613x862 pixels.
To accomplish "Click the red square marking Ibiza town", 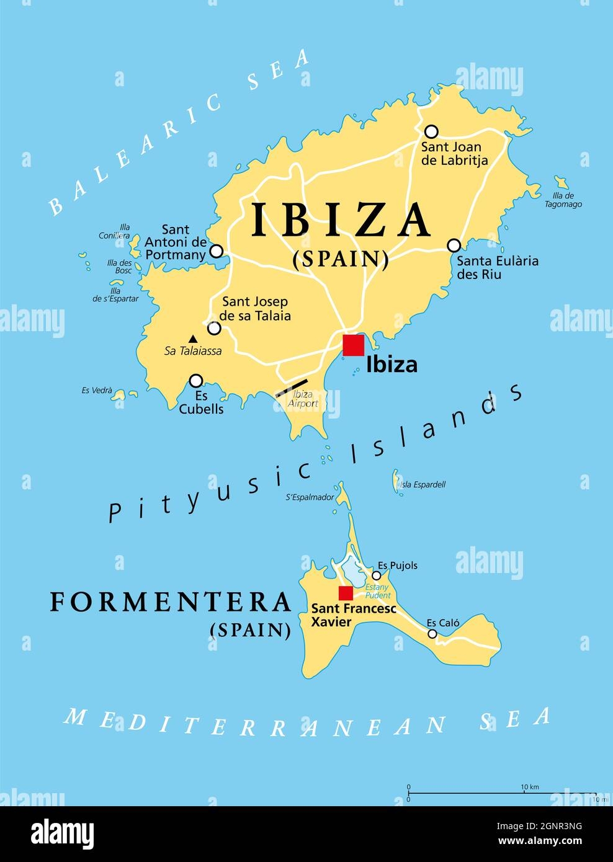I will coord(354,345).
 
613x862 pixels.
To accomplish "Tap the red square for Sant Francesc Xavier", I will coord(346,593).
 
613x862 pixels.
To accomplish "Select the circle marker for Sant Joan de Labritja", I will coord(431,131).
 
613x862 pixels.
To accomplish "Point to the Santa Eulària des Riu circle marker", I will coord(454,245).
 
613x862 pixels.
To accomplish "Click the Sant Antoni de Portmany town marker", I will coord(216,251).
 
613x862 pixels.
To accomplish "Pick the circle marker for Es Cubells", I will coord(196,380).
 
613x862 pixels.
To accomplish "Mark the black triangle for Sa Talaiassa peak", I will coord(193,339).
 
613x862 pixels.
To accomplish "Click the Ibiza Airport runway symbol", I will coord(291,388).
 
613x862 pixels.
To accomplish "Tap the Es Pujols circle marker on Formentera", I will coord(376,575).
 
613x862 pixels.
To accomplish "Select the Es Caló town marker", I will coord(432,634).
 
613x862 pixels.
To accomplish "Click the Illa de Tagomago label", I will coord(563,200).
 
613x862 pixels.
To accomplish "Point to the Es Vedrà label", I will coord(97,391).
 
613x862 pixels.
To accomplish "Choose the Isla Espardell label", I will coord(423,484).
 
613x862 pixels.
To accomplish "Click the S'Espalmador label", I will coord(310,497).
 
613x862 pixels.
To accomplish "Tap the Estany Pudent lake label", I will coord(378,591).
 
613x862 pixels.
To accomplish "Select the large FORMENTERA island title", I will coord(171,602).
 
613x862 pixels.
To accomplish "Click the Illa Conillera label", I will coord(115,231).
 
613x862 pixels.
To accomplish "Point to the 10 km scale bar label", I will coord(529,787).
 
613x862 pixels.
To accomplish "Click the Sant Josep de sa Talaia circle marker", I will coord(214,328).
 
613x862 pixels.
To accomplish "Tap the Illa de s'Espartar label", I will coord(115,294).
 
